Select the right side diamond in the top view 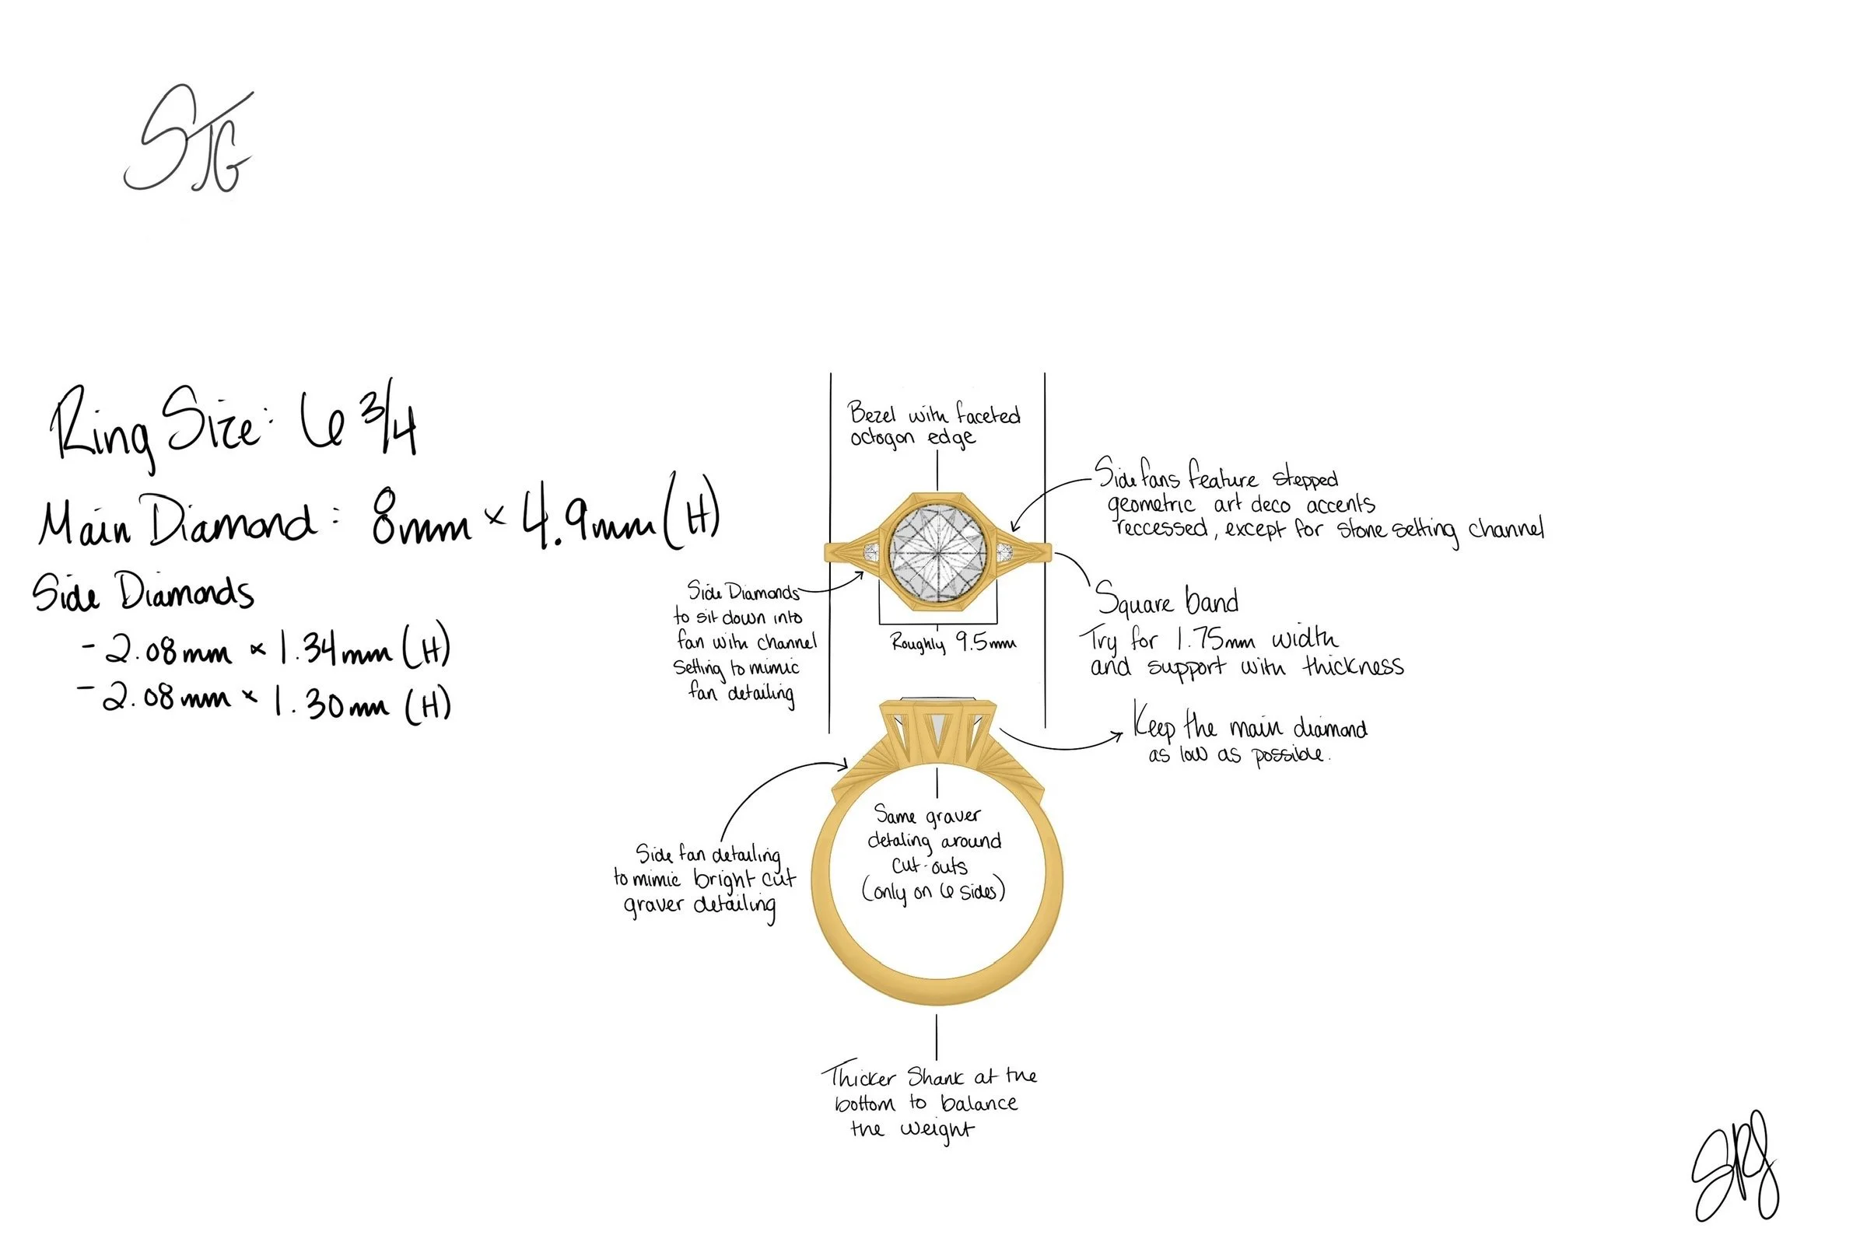tap(1004, 552)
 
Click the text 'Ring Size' tap(156, 430)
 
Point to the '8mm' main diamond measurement tap(420, 522)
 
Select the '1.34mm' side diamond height tap(335, 652)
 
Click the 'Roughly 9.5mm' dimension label tap(953, 643)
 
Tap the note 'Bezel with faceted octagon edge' tap(933, 425)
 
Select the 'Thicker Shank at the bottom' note tap(929, 1090)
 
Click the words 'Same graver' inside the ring tap(927, 816)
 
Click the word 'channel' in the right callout tap(1505, 529)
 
